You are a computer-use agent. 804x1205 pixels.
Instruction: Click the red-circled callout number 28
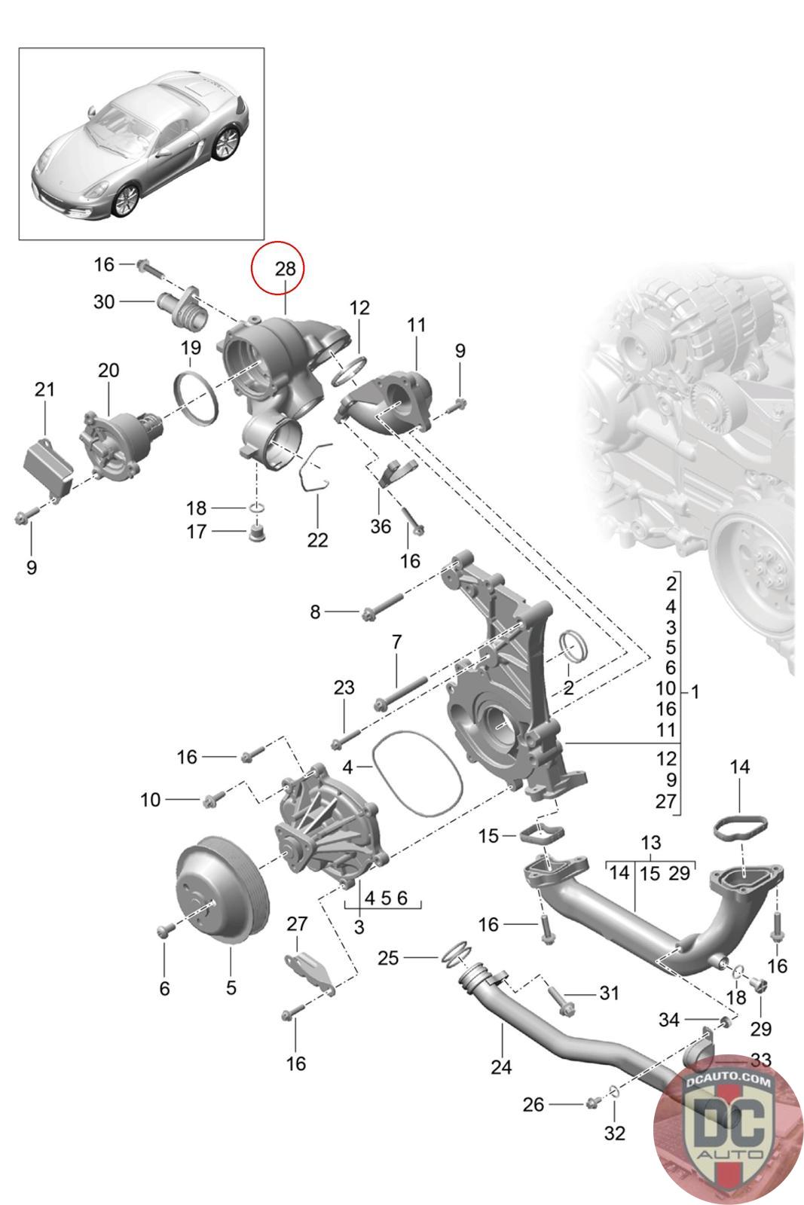point(285,268)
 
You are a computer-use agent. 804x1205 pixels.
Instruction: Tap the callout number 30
point(104,302)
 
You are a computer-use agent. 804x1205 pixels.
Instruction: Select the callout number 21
point(44,389)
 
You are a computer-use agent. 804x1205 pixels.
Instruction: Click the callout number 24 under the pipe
point(501,1066)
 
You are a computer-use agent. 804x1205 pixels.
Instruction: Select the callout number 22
point(317,540)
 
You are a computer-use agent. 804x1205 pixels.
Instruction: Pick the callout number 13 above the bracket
point(650,842)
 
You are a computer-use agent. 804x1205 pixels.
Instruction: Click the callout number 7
point(396,642)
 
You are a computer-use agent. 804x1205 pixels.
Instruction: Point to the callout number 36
point(381,526)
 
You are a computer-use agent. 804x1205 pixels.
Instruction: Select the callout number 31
point(609,993)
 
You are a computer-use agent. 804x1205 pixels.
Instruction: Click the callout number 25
point(388,958)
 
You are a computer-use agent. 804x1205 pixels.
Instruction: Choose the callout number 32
point(615,1133)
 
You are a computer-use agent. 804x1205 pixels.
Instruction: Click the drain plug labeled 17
point(257,535)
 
